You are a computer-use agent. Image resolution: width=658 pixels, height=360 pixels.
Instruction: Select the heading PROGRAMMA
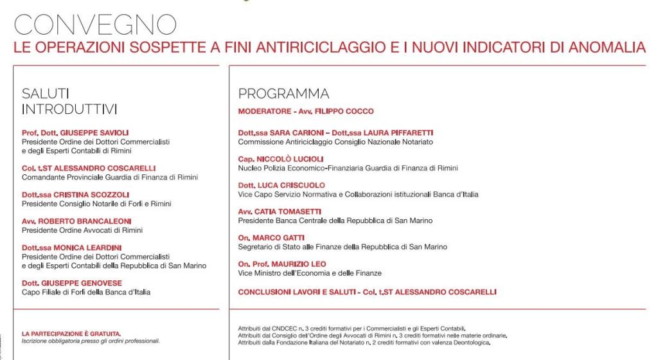click(x=283, y=94)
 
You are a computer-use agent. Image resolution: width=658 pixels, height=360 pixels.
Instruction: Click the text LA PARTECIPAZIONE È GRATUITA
click(x=71, y=333)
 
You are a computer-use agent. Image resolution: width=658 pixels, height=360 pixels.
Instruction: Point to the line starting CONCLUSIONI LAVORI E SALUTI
click(x=367, y=291)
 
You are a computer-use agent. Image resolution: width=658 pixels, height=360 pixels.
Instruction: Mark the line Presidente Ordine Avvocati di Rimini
click(x=82, y=230)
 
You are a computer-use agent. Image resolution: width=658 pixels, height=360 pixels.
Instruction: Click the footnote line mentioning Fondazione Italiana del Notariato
click(x=364, y=343)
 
